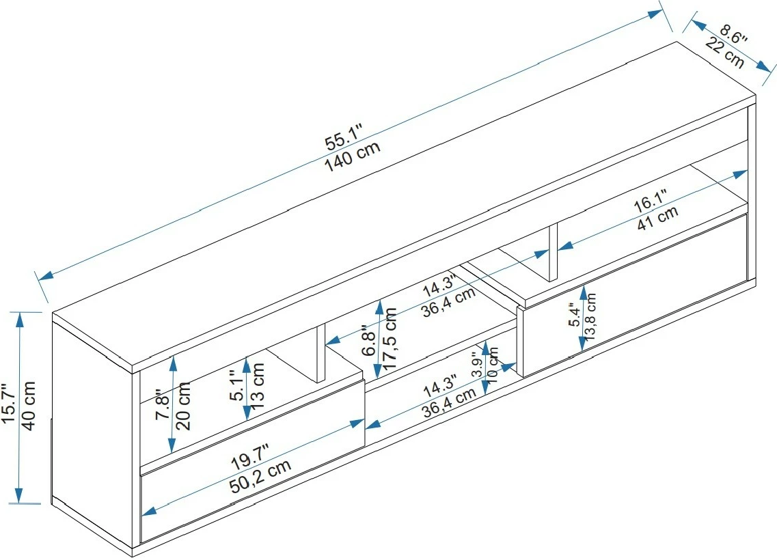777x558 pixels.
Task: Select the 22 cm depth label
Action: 724,53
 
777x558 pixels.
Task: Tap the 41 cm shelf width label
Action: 657,218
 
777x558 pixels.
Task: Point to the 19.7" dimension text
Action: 249,456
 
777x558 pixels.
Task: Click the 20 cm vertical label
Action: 183,406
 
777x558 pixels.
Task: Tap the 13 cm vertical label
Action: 258,386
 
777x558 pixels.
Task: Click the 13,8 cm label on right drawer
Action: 591,317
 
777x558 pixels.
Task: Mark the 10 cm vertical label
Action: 494,369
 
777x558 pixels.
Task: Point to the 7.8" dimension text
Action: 162,407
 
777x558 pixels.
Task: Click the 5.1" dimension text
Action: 237,387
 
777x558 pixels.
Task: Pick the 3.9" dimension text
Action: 478,366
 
